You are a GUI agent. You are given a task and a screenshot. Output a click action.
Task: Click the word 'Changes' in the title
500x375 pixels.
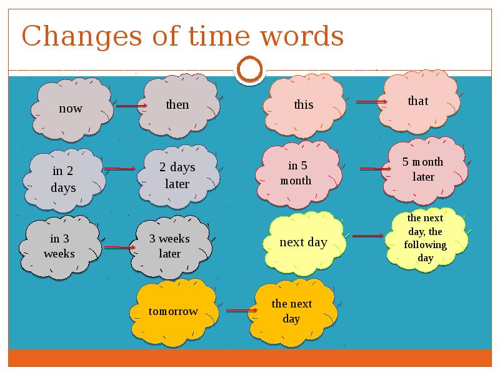[x=82, y=37]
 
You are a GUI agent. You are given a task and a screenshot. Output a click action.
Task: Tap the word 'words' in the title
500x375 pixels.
[x=302, y=36]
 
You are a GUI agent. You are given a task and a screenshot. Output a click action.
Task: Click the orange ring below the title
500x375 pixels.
[x=249, y=69]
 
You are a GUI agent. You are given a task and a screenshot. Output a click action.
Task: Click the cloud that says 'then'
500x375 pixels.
[x=179, y=106]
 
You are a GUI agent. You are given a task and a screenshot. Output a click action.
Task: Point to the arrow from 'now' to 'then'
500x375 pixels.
[x=131, y=106]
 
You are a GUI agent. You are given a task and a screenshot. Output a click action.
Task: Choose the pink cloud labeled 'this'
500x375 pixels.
[x=304, y=106]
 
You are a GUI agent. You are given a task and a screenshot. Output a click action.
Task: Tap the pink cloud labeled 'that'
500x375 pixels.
[x=419, y=102]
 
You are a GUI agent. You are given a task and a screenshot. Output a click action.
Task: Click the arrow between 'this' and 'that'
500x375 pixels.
[x=371, y=102]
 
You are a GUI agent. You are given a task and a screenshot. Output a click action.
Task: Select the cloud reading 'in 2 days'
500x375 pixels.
[x=64, y=180]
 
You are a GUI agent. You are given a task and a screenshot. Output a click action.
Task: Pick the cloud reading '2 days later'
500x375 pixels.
[x=179, y=176]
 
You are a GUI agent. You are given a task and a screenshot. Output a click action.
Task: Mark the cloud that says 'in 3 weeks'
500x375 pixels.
[x=61, y=247]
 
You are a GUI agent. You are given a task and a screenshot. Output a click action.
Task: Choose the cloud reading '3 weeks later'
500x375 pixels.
[x=171, y=247]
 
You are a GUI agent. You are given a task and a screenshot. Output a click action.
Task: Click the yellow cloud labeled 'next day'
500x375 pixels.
[x=304, y=243]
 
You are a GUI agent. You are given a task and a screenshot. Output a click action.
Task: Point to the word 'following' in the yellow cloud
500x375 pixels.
[x=425, y=245]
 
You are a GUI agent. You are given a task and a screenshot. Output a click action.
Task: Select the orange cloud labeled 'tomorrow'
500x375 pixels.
[x=174, y=312]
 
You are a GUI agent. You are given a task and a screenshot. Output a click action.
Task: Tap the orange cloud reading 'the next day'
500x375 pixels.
[x=293, y=312]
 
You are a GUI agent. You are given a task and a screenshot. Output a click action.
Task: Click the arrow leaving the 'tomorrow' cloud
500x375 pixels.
[x=242, y=310]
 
